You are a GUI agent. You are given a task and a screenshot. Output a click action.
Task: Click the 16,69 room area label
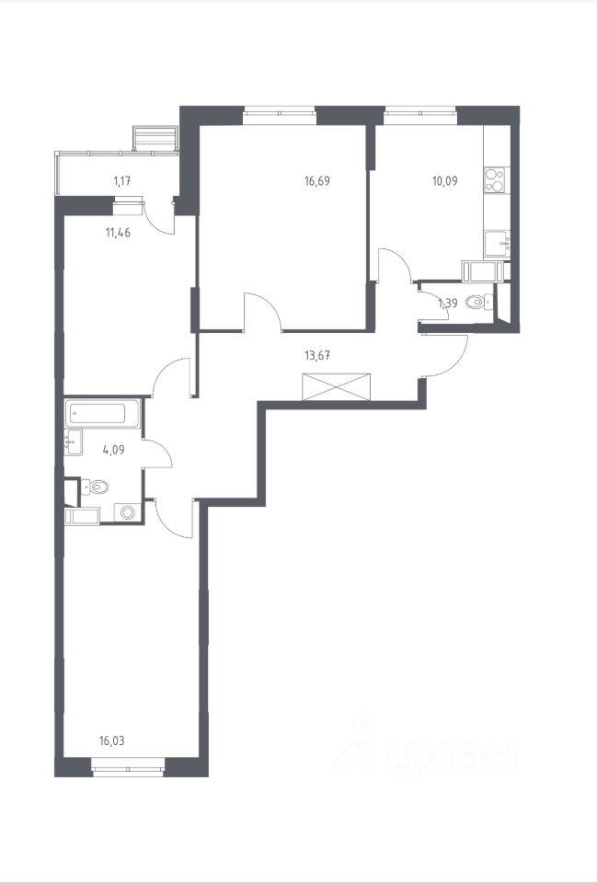[x=317, y=181]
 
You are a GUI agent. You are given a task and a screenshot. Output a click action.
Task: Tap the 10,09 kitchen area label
[x=445, y=181]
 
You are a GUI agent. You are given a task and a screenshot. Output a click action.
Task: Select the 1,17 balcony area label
[x=122, y=181]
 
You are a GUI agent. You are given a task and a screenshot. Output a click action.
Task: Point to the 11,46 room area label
[x=119, y=232]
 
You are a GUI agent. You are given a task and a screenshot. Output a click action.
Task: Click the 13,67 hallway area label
[x=316, y=355]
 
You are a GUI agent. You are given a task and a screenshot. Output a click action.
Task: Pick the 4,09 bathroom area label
[x=114, y=450]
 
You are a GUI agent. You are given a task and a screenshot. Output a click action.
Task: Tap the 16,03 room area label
[x=111, y=741]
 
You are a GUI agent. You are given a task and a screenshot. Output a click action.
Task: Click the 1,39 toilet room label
[x=448, y=304]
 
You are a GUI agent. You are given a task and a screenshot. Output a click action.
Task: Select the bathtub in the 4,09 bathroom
[x=102, y=414]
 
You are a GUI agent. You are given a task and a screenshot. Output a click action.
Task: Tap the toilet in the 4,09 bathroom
[x=95, y=487]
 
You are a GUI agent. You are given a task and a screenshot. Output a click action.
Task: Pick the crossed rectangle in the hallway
[x=337, y=386]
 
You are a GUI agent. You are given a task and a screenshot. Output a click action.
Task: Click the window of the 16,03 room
[x=128, y=768]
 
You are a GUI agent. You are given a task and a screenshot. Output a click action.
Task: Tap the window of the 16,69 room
[x=280, y=115]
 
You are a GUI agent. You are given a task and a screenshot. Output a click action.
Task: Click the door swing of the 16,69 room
[x=264, y=311]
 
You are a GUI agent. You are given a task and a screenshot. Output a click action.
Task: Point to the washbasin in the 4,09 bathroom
[x=74, y=442]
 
